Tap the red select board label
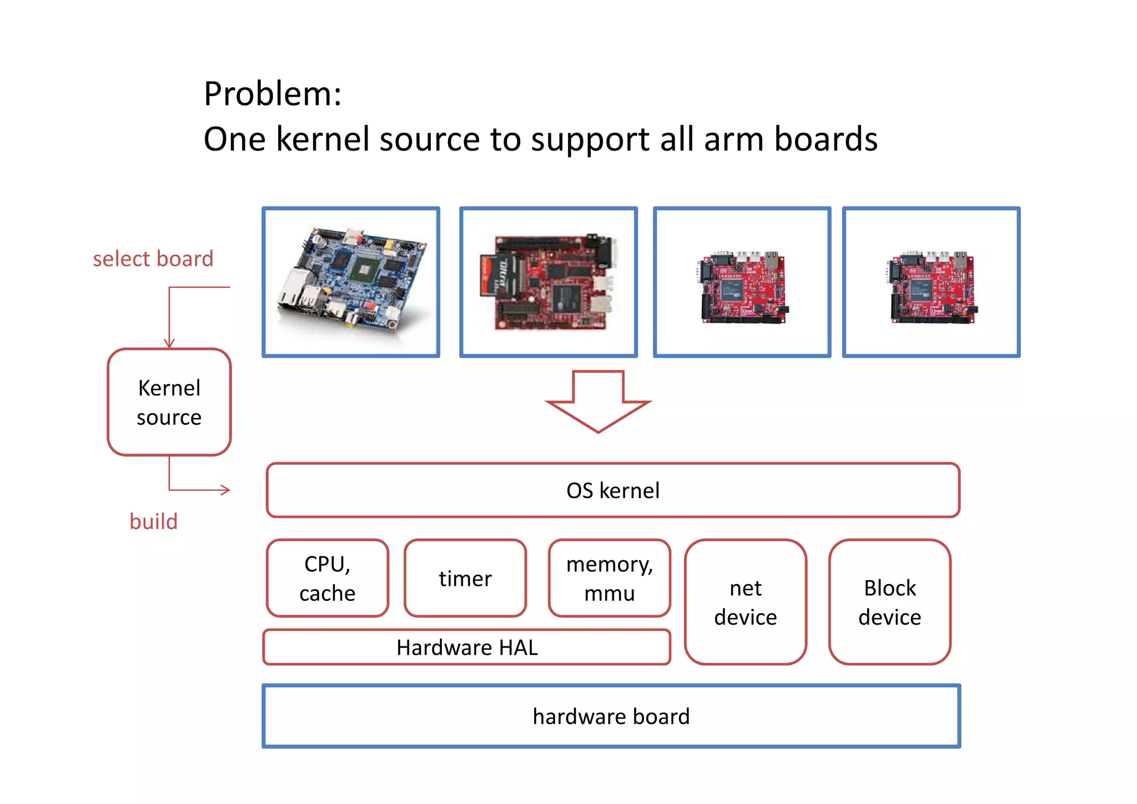[x=153, y=259]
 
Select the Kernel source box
[x=169, y=402]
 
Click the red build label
[x=153, y=522]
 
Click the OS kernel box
[x=612, y=490]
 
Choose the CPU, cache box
[x=327, y=578]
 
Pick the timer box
[x=465, y=579]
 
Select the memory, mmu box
[x=609, y=578]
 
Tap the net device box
[x=745, y=602]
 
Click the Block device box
[x=889, y=602]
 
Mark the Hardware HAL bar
[x=466, y=647]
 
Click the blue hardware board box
[x=611, y=716]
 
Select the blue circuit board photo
[x=351, y=282]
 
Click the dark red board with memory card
[x=548, y=282]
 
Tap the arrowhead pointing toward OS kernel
[x=225, y=490]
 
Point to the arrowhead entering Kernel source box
[x=169, y=344]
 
